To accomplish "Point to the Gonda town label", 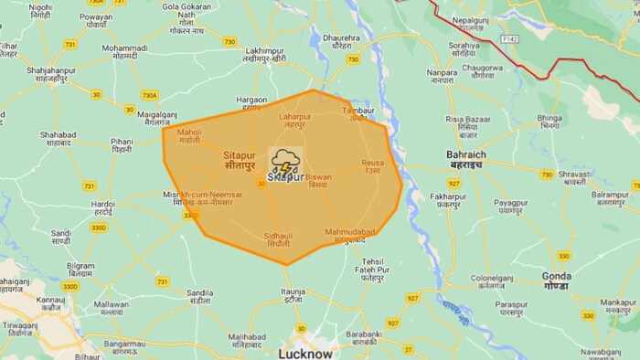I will coord(555,280).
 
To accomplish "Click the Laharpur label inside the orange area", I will coord(294,120).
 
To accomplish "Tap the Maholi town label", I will coord(189,135).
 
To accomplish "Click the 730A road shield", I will coord(149,94).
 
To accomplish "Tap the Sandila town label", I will coord(200,297).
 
